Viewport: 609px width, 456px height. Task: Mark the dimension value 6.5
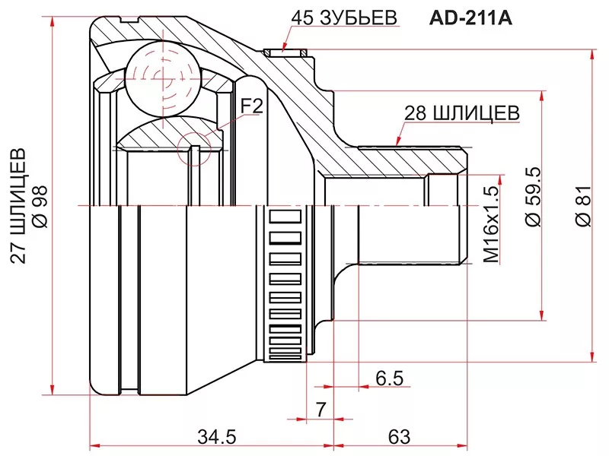tap(389, 378)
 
